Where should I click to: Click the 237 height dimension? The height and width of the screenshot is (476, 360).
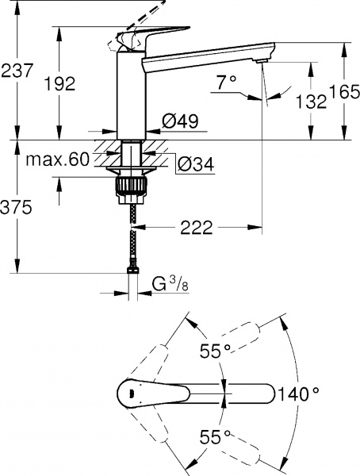(17, 71)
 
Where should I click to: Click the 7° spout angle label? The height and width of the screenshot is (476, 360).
(227, 82)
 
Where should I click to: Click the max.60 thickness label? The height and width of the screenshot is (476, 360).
(56, 159)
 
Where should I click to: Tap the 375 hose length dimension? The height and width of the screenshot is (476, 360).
(17, 208)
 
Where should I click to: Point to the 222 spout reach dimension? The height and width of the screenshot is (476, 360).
(196, 228)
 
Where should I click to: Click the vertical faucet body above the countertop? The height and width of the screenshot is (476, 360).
(130, 95)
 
